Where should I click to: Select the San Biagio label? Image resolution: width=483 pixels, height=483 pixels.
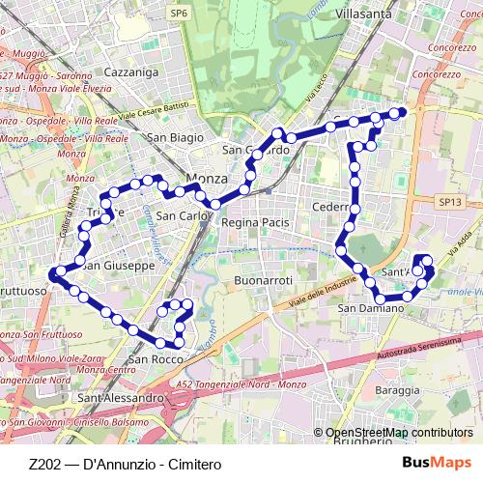coord(175,137)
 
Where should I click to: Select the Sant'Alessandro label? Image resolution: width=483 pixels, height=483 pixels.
coord(121,397)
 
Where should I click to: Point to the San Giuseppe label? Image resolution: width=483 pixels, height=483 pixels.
coord(118,265)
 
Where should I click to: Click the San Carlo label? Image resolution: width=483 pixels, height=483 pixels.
coord(183,215)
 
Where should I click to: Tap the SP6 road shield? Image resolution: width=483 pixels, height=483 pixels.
coord(179,13)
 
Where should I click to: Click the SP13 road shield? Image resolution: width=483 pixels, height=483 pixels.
coord(450,202)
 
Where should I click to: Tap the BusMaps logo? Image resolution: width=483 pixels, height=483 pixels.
coord(437,464)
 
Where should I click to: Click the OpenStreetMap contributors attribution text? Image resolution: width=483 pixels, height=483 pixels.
coord(399,433)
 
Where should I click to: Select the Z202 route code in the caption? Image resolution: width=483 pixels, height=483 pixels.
coord(47,464)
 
